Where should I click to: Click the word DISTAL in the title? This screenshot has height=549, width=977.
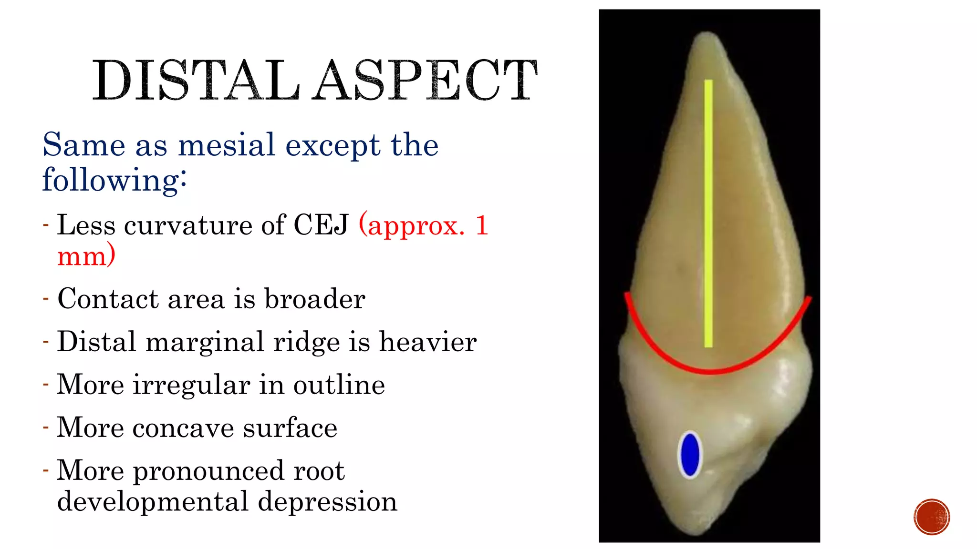[x=196, y=81]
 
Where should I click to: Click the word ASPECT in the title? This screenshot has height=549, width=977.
[x=426, y=81]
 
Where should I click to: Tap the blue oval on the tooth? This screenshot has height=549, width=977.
[x=690, y=454]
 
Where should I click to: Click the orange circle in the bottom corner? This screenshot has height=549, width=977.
[x=932, y=517]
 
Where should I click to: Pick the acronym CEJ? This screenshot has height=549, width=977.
[x=321, y=225]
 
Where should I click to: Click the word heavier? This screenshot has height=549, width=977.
[x=428, y=342]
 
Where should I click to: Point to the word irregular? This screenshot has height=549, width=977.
[x=191, y=385]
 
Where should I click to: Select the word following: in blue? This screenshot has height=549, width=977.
[x=114, y=180]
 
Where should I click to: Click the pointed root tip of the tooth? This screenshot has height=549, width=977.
[x=707, y=38]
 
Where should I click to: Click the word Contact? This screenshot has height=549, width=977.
[x=108, y=299]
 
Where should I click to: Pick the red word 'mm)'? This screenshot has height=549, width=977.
[x=86, y=256]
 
